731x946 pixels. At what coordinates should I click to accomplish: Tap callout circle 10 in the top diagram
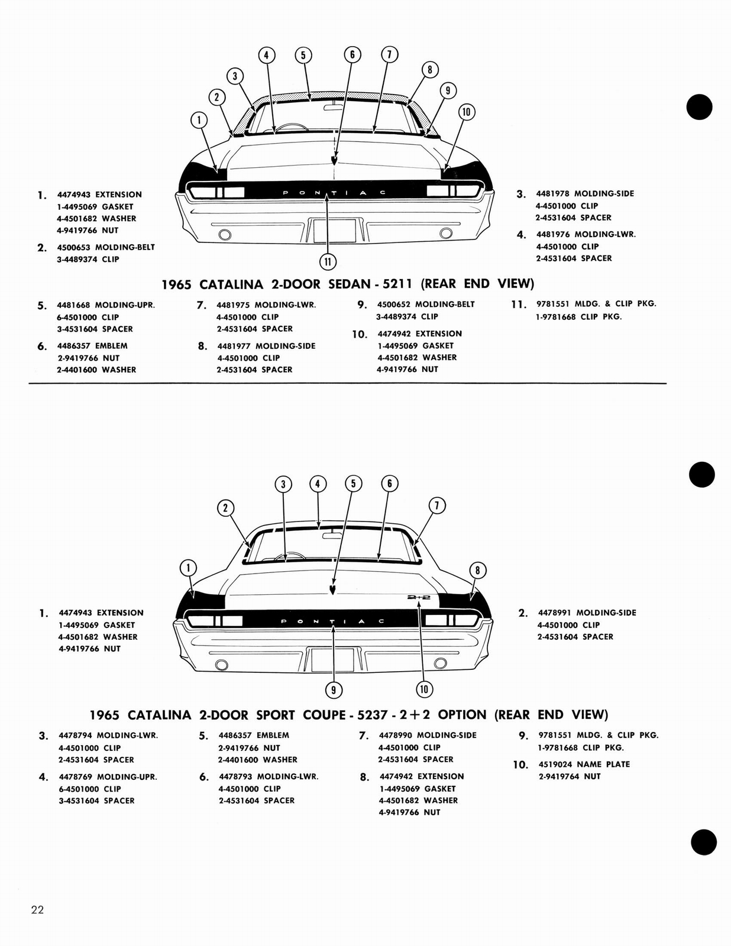click(x=467, y=112)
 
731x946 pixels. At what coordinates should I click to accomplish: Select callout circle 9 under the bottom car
click(x=334, y=689)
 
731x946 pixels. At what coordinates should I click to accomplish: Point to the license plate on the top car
click(x=334, y=229)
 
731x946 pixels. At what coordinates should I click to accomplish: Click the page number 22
click(x=37, y=909)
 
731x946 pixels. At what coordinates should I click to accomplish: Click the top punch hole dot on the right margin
click(x=699, y=107)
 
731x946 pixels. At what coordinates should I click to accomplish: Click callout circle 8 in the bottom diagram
click(x=477, y=571)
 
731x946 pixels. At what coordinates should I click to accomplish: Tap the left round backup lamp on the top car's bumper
click(x=224, y=235)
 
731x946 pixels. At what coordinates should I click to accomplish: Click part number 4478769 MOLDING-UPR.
click(x=76, y=777)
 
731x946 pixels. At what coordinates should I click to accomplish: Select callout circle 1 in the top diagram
click(x=199, y=120)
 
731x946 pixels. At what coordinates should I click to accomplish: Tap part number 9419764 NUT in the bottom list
click(x=559, y=776)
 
